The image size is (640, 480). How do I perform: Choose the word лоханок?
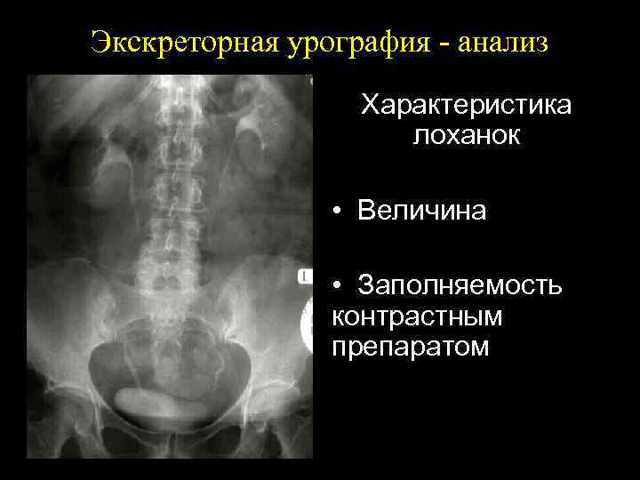[x=466, y=136]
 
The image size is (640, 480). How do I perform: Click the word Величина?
[x=421, y=211]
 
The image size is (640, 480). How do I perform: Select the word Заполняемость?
[x=459, y=286]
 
